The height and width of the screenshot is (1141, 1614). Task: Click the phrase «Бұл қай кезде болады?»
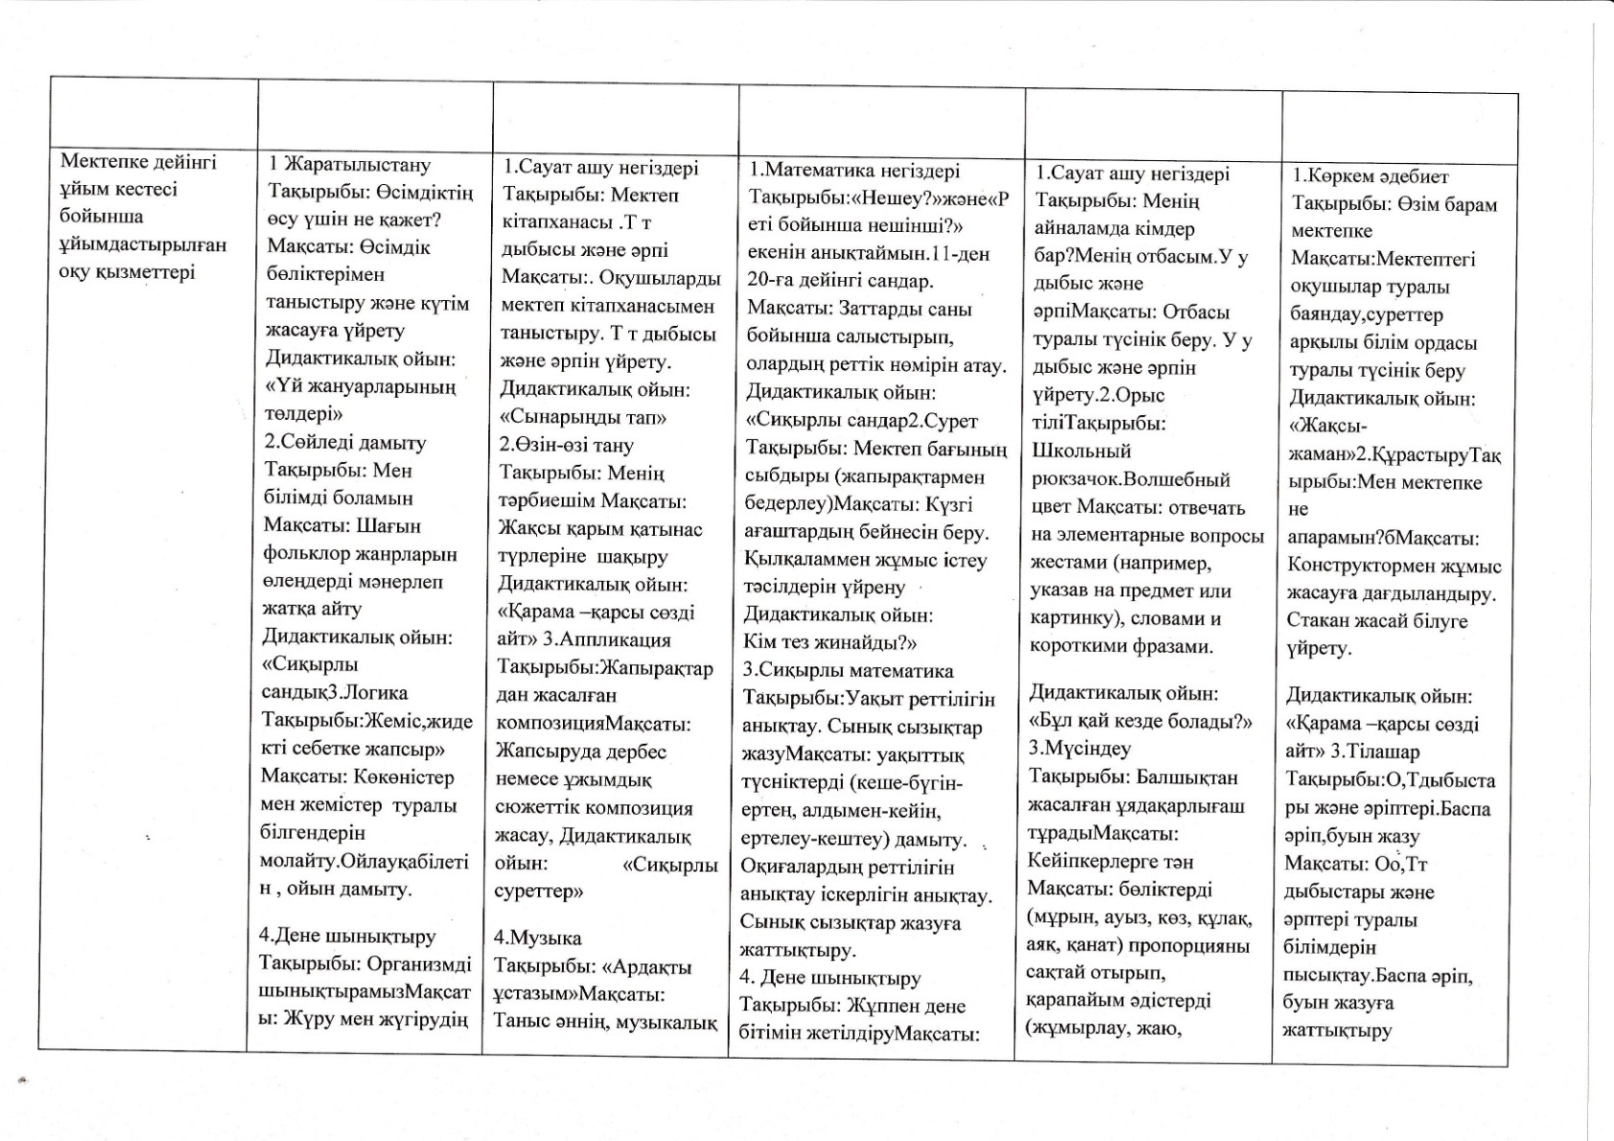[1140, 721]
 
